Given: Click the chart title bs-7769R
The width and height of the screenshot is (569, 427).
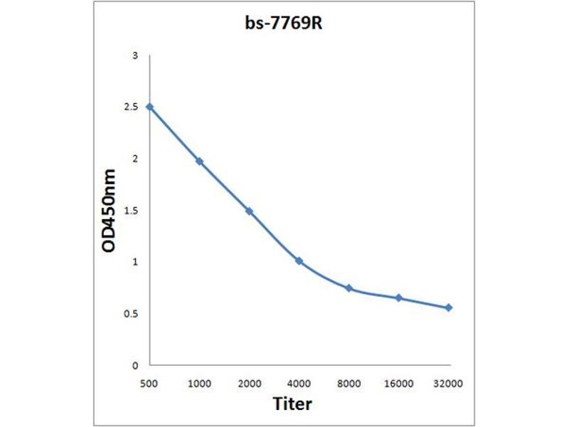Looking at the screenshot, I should [x=284, y=24].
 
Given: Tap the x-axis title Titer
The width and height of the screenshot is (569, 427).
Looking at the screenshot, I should [x=292, y=404].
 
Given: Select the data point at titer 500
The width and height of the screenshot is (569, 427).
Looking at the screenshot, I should [x=149, y=107].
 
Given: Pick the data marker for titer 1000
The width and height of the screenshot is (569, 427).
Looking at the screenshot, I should [x=199, y=162].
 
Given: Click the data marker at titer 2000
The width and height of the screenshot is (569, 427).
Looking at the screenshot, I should [x=249, y=211].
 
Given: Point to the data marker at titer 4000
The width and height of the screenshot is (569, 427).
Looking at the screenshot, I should [x=299, y=261].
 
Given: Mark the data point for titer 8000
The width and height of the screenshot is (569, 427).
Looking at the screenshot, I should [x=349, y=288].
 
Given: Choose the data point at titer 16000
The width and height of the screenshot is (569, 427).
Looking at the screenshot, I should [x=399, y=298].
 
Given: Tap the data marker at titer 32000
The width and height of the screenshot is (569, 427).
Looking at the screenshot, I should [x=449, y=307].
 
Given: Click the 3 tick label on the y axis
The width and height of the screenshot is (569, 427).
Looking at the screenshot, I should [x=134, y=56].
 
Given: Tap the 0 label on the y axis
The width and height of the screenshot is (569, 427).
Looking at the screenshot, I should [x=134, y=366].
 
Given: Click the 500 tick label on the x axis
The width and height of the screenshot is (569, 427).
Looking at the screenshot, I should [x=149, y=384].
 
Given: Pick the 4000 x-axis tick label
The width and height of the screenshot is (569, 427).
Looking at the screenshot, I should [x=299, y=384].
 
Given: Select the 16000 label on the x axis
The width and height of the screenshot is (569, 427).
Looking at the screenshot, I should [x=399, y=384].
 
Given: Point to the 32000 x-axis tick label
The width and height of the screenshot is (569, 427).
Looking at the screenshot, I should [x=449, y=384].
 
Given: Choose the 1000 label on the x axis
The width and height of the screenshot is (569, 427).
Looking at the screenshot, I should [x=199, y=384].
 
